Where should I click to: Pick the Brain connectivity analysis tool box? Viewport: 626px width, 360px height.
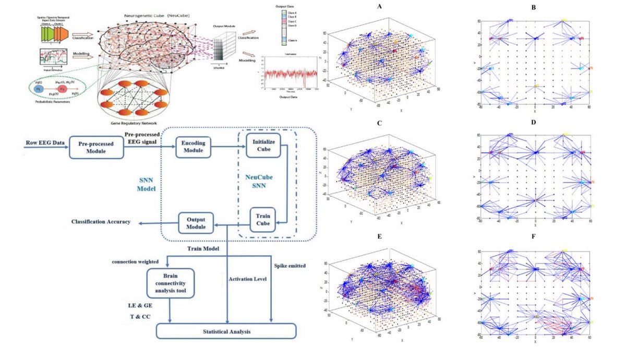point(171,283)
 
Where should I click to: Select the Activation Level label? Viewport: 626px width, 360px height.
point(248,279)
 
